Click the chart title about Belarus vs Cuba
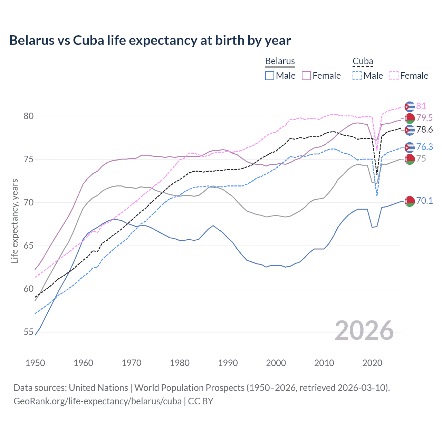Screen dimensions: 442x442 tap(150, 40)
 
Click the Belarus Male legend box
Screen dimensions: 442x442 tap(270, 76)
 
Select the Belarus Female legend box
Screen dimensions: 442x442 tap(306, 76)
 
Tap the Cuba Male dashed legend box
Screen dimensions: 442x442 tap(357, 76)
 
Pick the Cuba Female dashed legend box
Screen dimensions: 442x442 tap(394, 76)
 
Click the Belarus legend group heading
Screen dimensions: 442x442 tap(280, 61)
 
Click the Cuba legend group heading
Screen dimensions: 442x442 tap(363, 61)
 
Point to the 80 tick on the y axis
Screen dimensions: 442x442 tap(29, 116)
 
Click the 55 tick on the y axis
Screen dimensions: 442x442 tap(29, 332)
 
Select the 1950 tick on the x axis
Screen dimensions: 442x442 tap(35, 363)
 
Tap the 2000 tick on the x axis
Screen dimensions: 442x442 tap(276, 363)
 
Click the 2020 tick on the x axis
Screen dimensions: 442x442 tap(372, 363)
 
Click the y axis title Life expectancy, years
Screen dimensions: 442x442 tap(15, 221)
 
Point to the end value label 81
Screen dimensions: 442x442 tap(421, 106)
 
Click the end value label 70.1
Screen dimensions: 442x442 tap(424, 201)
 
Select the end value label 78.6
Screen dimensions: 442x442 tap(424, 130)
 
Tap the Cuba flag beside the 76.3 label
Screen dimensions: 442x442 tap(410, 147)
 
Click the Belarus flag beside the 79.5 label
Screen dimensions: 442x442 tap(410, 118)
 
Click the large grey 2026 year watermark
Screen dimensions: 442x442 tap(364, 330)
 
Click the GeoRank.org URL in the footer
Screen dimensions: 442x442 tap(97, 401)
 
